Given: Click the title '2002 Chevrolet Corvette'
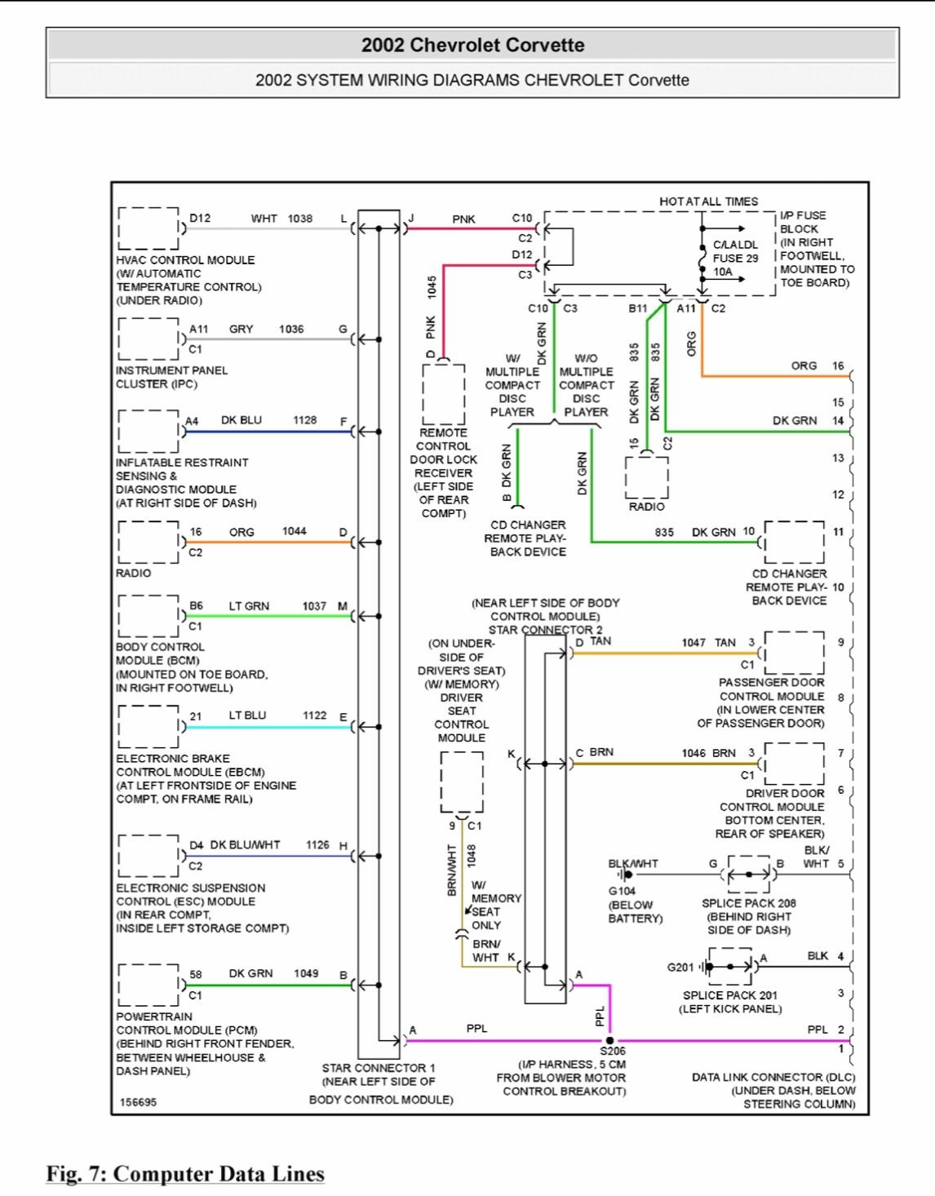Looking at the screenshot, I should tap(472, 45).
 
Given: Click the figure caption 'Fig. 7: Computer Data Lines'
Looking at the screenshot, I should tap(185, 1174).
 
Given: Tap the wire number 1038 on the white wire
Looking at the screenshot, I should tap(299, 219).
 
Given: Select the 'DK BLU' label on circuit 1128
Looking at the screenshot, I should tap(242, 420).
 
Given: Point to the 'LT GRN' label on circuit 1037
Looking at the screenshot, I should tap(249, 606).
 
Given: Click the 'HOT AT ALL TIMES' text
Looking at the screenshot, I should tap(708, 202).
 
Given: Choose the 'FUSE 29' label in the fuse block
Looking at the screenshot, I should tap(735, 258).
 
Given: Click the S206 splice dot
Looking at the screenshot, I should tap(609, 1040).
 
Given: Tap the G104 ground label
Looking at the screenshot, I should tap(622, 891).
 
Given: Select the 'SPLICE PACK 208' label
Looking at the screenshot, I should tap(748, 903).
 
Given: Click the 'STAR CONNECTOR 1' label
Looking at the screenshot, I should tap(379, 1068).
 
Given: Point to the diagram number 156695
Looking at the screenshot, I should tap(138, 1102).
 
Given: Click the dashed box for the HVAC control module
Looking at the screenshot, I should tap(148, 228).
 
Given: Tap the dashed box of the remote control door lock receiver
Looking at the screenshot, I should tap(443, 394).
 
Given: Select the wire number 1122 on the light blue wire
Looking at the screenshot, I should tap(314, 715).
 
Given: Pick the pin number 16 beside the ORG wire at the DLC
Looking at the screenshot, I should tap(838, 365).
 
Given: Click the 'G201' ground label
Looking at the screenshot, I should tap(680, 968).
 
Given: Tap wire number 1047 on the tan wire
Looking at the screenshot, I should tap(693, 643).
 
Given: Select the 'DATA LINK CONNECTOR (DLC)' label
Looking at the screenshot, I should tap(773, 1077).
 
